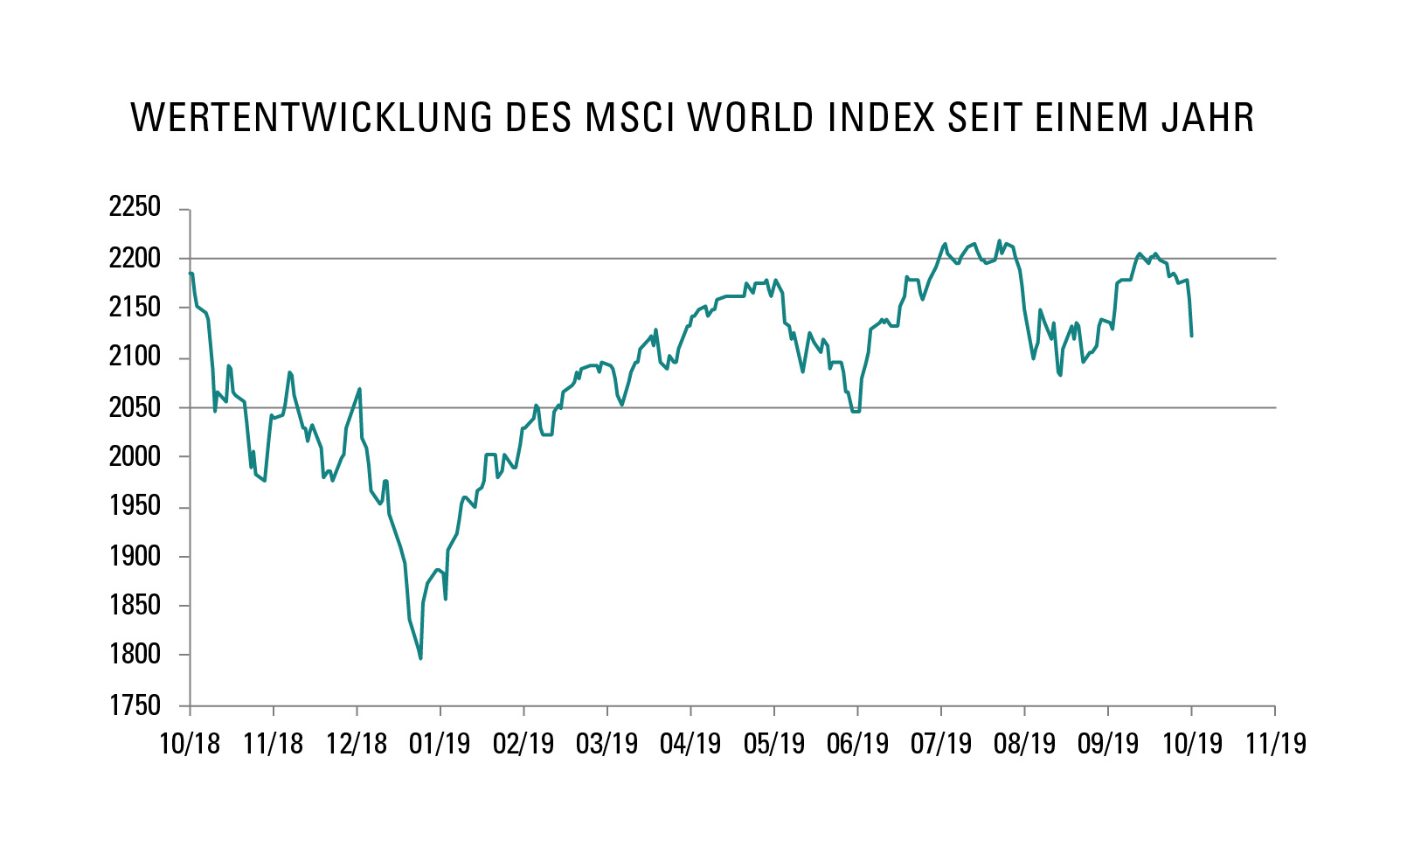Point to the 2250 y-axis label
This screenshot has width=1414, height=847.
[x=135, y=208]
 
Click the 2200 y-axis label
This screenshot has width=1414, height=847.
[x=135, y=259]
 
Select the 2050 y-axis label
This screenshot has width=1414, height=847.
[x=135, y=407]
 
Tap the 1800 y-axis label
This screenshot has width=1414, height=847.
[x=135, y=655]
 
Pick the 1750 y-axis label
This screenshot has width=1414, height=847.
[x=135, y=705]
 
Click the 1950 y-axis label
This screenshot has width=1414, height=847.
[x=135, y=506]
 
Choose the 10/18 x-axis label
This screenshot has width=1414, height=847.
[x=190, y=744]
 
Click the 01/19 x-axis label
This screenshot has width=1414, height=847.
[x=440, y=744]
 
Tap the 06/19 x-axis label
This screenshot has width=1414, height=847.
[x=857, y=744]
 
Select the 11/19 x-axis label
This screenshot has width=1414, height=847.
[x=1275, y=744]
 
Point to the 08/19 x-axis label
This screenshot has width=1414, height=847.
[x=1024, y=744]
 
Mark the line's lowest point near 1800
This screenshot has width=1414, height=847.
[x=420, y=658]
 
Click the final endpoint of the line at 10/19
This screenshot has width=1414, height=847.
[x=1191, y=336]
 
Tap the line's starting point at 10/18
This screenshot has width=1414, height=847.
[x=191, y=274]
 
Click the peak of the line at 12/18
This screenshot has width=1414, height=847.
[x=360, y=389]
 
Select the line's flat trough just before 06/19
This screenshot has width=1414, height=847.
[x=856, y=411]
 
